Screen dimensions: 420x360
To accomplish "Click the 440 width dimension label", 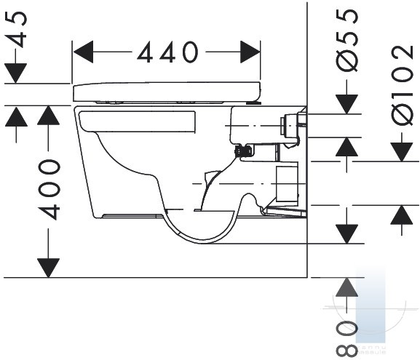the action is click(x=167, y=52).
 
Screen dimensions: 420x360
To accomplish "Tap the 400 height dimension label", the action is click(x=49, y=190).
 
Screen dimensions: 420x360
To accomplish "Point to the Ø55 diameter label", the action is click(x=347, y=40).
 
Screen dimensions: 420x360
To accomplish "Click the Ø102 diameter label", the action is click(x=402, y=85).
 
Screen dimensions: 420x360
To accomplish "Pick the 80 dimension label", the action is click(x=347, y=339).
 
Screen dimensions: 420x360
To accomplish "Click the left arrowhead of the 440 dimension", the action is click(x=83, y=52).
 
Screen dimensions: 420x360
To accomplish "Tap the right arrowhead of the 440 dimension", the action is click(x=250, y=52).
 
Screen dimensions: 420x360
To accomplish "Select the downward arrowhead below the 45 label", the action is click(x=16, y=73).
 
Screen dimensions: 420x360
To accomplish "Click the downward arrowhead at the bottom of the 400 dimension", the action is click(x=49, y=268).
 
